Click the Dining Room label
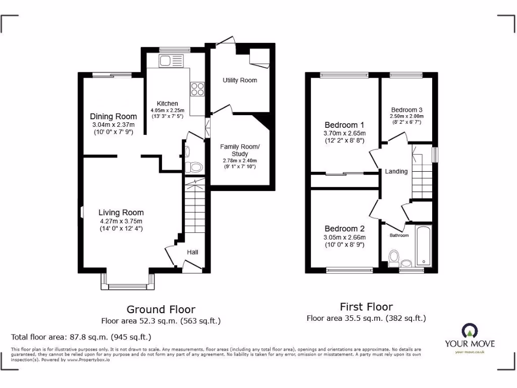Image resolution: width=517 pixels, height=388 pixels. (x=113, y=117)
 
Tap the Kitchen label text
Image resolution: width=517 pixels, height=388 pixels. (x=167, y=103)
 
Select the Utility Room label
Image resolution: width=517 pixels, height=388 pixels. (x=240, y=80)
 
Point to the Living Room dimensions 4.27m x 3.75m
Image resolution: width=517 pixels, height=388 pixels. (x=121, y=221)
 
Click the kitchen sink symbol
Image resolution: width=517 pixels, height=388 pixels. (x=172, y=62)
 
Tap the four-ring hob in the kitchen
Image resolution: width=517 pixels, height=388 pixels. (x=197, y=89)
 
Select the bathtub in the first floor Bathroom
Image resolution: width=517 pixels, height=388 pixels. (x=423, y=246)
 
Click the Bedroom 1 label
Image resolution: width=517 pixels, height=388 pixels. (x=344, y=125)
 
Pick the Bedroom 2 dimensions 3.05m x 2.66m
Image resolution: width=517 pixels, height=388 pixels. (x=345, y=237)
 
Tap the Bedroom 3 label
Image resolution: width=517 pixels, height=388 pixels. (x=406, y=110)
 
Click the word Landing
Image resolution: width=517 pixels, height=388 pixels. (x=396, y=171)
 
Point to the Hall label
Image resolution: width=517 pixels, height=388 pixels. (x=193, y=252)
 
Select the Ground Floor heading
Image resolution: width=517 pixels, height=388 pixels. (x=161, y=309)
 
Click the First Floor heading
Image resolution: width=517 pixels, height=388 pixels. (x=366, y=307)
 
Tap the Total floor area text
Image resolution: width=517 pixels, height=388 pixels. (x=81, y=337)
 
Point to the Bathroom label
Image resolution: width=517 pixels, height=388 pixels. (x=399, y=235)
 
